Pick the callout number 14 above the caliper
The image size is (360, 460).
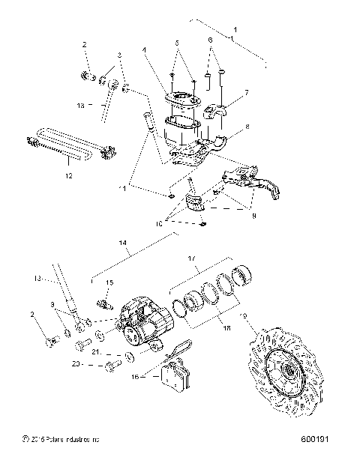(x=123, y=243)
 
